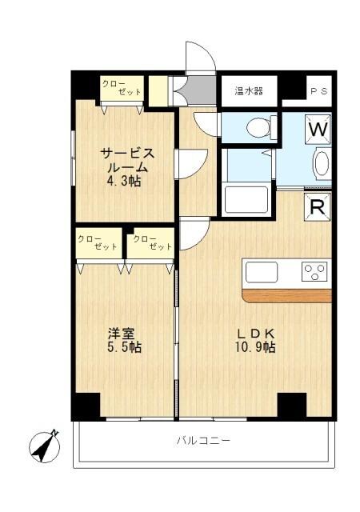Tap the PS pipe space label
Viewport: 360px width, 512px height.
pyautogui.click(x=318, y=90)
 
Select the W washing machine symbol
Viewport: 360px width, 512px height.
pyautogui.click(x=318, y=128)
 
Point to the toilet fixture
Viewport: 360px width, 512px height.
pyautogui.click(x=259, y=127)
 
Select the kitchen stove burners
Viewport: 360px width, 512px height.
pyautogui.click(x=315, y=271)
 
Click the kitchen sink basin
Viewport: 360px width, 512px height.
pyautogui.click(x=262, y=272)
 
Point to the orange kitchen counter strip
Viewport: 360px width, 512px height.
pyautogui.click(x=286, y=295)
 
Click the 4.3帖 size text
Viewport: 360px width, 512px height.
pyautogui.click(x=124, y=182)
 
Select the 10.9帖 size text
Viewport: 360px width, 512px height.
pyautogui.click(x=255, y=347)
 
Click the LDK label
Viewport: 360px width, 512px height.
pyautogui.click(x=255, y=332)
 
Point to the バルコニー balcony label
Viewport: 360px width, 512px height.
pyautogui.click(x=203, y=441)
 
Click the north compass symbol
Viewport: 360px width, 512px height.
pyautogui.click(x=45, y=444)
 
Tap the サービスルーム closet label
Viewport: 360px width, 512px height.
pyautogui.click(x=122, y=88)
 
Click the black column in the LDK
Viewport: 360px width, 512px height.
pyautogui.click(x=291, y=405)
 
